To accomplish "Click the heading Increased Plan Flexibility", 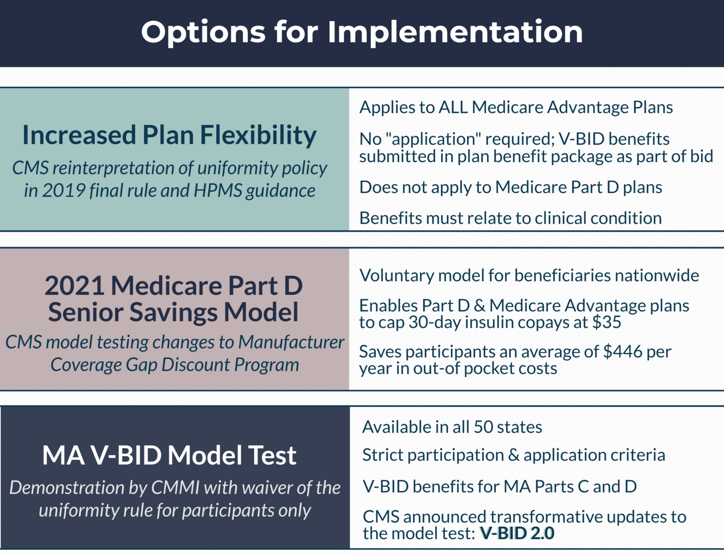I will pos(170,135).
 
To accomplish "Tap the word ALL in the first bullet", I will pos(453,107).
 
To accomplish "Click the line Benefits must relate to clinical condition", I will pos(510,218).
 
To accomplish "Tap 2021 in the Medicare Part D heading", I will pos(74,286).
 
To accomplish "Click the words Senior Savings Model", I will pos(173,312).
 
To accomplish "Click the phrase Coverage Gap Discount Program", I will pos(175,365).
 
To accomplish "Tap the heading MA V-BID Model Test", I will pos(169,456).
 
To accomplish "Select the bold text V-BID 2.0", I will pos(517,533).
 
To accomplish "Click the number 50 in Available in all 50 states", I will pos(483,427).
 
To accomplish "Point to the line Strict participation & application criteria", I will pos(514,455).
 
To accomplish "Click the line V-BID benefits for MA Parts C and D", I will pos(500,487).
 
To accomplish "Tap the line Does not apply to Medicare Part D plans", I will pos(510,188).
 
